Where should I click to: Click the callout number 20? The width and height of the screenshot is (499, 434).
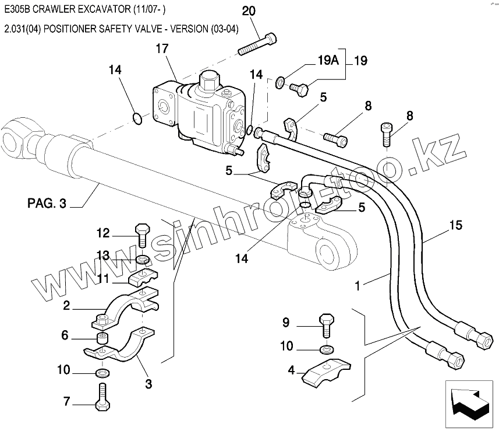point(248,11)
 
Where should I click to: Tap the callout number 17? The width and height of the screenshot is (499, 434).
point(162,50)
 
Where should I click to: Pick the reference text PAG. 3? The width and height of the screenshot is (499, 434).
point(47,204)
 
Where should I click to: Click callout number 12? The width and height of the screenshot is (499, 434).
point(103,233)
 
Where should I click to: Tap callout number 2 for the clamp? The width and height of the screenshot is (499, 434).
point(67,304)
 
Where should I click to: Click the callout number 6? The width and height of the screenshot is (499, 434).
point(65,335)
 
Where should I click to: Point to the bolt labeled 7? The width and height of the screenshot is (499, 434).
point(102,402)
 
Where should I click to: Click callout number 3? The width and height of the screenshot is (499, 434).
point(148,384)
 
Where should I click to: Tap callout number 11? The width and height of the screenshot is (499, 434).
point(103,279)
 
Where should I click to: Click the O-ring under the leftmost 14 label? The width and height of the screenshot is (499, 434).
point(136,118)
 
